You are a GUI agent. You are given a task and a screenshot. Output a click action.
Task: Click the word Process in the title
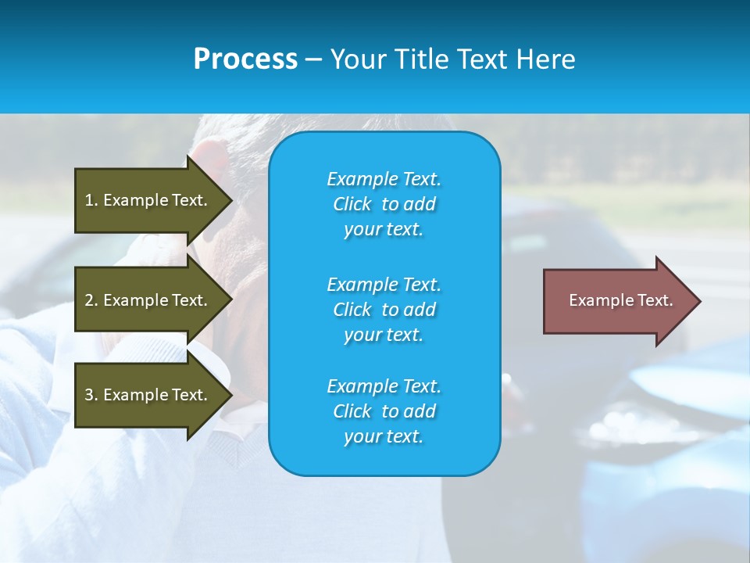click(x=245, y=59)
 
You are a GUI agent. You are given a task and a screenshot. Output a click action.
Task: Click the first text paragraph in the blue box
click(x=384, y=204)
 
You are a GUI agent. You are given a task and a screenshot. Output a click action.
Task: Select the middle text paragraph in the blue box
click(x=384, y=309)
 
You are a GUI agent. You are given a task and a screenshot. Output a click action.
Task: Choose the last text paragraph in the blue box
click(x=384, y=411)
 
